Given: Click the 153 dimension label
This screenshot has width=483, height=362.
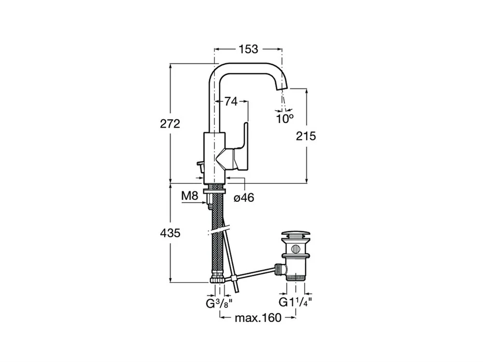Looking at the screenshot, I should click(x=247, y=49).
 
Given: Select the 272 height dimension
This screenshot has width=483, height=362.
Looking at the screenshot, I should click(x=170, y=124).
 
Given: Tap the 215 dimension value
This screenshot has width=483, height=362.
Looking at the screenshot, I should click(x=306, y=136).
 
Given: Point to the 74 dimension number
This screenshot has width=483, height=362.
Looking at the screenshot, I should click(x=231, y=101).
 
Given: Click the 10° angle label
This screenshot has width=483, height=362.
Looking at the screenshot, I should click(x=284, y=117).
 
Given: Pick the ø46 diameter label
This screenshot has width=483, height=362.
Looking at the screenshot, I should click(x=244, y=197).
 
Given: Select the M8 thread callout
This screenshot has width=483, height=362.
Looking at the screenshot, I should click(x=189, y=195).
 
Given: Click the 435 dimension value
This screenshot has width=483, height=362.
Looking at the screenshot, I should click(x=170, y=233).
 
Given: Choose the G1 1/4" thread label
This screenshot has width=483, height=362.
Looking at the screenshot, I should click(x=295, y=302).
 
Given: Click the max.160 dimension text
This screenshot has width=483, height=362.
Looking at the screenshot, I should click(x=257, y=318).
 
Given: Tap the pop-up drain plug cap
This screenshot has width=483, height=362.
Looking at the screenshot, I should click(x=296, y=236).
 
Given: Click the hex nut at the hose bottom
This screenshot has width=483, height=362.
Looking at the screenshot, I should click(x=217, y=279).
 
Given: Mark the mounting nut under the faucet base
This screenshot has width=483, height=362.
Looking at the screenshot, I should click(x=214, y=190).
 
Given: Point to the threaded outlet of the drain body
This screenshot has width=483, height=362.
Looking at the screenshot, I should click(x=296, y=276).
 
